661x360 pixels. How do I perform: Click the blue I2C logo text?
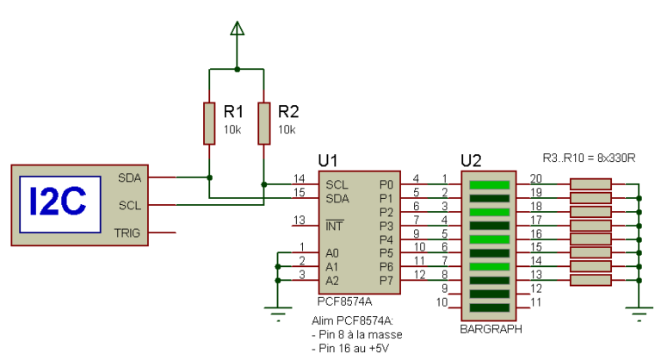(x=57, y=202)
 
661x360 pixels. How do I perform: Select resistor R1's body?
(x=209, y=122)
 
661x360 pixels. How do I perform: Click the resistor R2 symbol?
(x=263, y=122)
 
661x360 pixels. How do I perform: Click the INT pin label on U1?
(x=333, y=226)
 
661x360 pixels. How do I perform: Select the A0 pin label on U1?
(x=332, y=253)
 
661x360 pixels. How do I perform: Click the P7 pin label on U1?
(x=386, y=281)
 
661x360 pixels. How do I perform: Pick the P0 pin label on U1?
(x=386, y=184)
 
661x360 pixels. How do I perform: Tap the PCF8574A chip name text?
(x=344, y=302)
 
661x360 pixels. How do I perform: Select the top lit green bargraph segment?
(x=487, y=184)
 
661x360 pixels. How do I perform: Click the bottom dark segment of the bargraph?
(x=487, y=307)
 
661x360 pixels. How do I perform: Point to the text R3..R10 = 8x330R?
(x=589, y=158)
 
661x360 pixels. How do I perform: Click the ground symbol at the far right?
(x=638, y=314)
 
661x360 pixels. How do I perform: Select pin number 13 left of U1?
(x=300, y=220)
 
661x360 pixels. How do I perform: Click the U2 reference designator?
(x=471, y=160)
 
